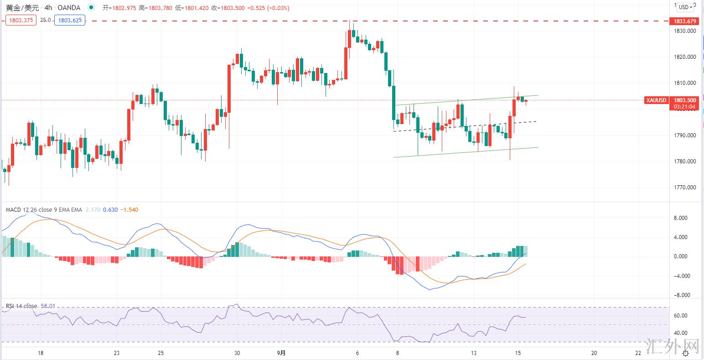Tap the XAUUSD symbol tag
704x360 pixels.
tap(656, 100)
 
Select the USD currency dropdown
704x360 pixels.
tap(685, 7)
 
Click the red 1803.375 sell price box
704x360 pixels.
tap(21, 20)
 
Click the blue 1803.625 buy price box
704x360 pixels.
tap(69, 20)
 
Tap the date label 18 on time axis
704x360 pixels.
tap(41, 353)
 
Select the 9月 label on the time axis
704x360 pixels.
tap(282, 353)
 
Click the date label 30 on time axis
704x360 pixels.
tap(237, 353)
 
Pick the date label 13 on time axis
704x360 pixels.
tap(474, 353)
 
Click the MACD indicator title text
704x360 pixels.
tap(44, 210)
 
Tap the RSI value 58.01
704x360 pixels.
tap(48, 306)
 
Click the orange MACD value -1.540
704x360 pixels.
tap(129, 210)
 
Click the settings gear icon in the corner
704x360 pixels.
tap(685, 353)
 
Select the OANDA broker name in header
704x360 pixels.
tap(69, 8)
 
